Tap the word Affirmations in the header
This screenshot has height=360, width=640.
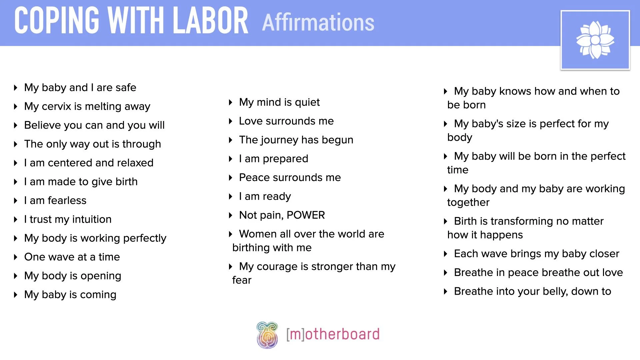coord(318,22)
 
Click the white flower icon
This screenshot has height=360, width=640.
coord(595,40)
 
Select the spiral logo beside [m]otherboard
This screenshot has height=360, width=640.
coord(267,335)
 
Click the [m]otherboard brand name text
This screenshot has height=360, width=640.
coord(333,334)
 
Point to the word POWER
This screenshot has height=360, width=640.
coord(306,215)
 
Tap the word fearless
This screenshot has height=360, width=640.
coord(67,201)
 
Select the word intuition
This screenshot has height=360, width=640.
coord(92,219)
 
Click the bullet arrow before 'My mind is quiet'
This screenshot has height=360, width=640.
coord(230,102)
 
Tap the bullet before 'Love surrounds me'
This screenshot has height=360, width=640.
coord(230,121)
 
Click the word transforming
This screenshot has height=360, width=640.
coord(522,221)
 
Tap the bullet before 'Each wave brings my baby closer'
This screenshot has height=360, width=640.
coord(445,254)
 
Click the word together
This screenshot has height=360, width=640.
coord(468,202)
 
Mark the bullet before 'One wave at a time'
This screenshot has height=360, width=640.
coord(15,257)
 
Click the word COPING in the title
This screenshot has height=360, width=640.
coord(57,21)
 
